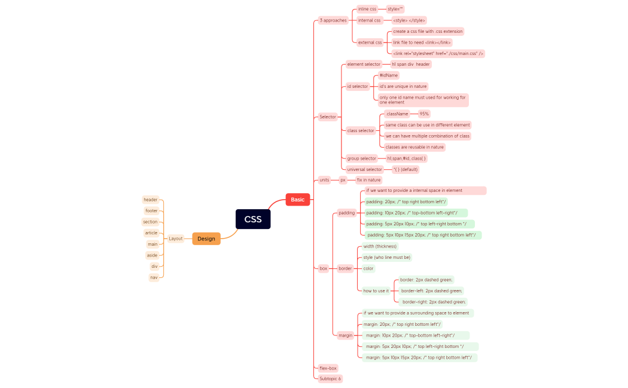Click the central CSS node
[x=253, y=219]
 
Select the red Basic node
[x=297, y=200]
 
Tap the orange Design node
[x=206, y=239]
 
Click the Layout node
[x=175, y=239]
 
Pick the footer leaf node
[x=151, y=211]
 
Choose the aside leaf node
[x=152, y=255]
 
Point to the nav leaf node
[x=154, y=277]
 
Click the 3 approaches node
[x=333, y=20]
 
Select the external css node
[x=370, y=42]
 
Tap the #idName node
[x=389, y=75]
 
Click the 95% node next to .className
[x=424, y=114]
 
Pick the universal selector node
[x=364, y=169]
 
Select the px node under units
[x=343, y=180]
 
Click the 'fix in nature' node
[x=368, y=180]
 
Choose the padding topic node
[x=346, y=213]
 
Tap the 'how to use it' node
[x=376, y=291]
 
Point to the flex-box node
[x=328, y=368]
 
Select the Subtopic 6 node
[x=330, y=378]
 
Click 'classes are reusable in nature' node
[x=414, y=147]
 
